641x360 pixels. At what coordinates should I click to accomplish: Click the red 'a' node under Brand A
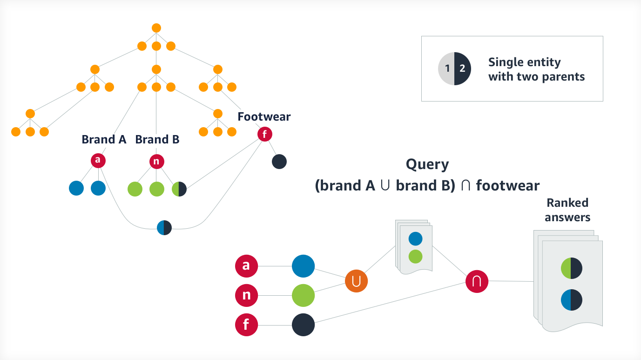coord(98,161)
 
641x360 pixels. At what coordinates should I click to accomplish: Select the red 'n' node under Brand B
coord(156,162)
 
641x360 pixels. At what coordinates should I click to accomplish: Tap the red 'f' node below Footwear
coord(264,135)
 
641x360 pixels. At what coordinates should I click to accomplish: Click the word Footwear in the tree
coord(264,116)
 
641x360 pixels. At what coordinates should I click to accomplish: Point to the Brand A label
coord(104,139)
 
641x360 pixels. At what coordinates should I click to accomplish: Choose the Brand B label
coord(157,139)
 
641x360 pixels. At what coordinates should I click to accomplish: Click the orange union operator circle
coord(356,281)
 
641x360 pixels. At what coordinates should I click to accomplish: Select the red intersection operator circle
coord(477,281)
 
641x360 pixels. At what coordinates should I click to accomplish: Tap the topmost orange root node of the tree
coord(156,28)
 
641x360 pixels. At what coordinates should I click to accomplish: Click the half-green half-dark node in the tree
coord(179,189)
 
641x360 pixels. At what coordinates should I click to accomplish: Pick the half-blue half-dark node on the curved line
coord(164,228)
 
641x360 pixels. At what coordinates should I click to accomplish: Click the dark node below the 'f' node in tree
coord(279,162)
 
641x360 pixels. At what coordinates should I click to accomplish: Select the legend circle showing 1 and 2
coord(454,68)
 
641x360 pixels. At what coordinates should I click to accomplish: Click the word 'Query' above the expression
coord(427,164)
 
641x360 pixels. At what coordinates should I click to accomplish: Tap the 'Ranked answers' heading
coord(567,210)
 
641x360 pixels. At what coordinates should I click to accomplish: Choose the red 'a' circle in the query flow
coord(246,266)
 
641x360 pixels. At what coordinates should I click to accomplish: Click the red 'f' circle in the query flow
coord(246,325)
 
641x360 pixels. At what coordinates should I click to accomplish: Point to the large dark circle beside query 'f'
coord(303,325)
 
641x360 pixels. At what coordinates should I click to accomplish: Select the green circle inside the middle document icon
coord(415,256)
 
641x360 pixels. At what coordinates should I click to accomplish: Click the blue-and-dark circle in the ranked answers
coord(572,300)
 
